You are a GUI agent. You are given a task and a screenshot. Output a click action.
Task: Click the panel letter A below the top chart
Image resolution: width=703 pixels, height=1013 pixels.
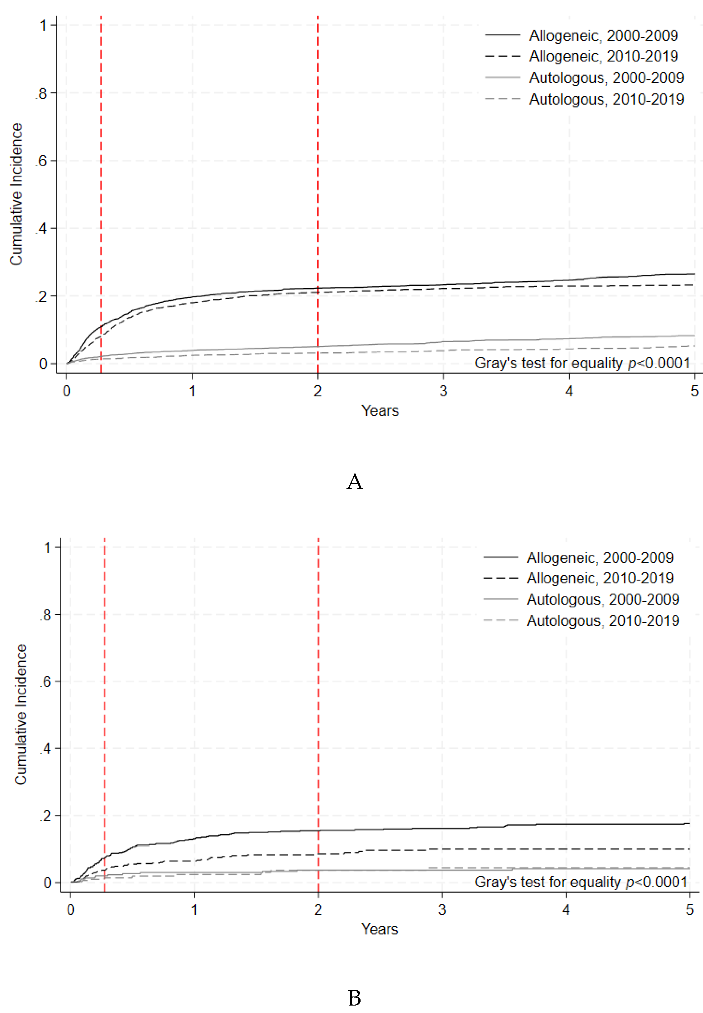tap(355, 482)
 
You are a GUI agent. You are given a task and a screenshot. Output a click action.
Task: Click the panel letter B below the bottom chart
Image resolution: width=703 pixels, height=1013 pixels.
tap(355, 998)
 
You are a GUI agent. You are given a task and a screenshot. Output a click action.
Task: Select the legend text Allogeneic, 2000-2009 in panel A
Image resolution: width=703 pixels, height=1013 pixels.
tap(603, 35)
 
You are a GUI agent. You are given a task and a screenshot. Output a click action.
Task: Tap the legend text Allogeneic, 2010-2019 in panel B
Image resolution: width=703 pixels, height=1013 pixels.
tap(600, 578)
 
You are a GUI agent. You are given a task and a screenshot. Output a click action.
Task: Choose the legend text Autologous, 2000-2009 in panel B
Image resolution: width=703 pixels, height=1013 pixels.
tap(603, 599)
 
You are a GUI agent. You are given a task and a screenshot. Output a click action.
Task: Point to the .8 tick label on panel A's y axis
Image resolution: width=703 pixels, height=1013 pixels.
tap(41, 93)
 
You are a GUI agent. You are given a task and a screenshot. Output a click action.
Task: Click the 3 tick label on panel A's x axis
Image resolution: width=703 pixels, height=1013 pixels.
tap(443, 390)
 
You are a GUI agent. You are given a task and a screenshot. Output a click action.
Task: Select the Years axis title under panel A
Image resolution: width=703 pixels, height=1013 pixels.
tap(380, 411)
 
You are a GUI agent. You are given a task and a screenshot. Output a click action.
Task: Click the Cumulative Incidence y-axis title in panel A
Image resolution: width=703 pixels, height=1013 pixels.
tap(16, 194)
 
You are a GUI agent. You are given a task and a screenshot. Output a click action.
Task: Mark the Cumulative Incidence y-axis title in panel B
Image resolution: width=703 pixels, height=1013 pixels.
tap(21, 714)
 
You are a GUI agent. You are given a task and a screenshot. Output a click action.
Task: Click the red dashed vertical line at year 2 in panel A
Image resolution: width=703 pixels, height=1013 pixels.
tap(318, 176)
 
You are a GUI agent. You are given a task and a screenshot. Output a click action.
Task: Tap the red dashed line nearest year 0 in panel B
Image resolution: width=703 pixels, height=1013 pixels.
tap(104, 705)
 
